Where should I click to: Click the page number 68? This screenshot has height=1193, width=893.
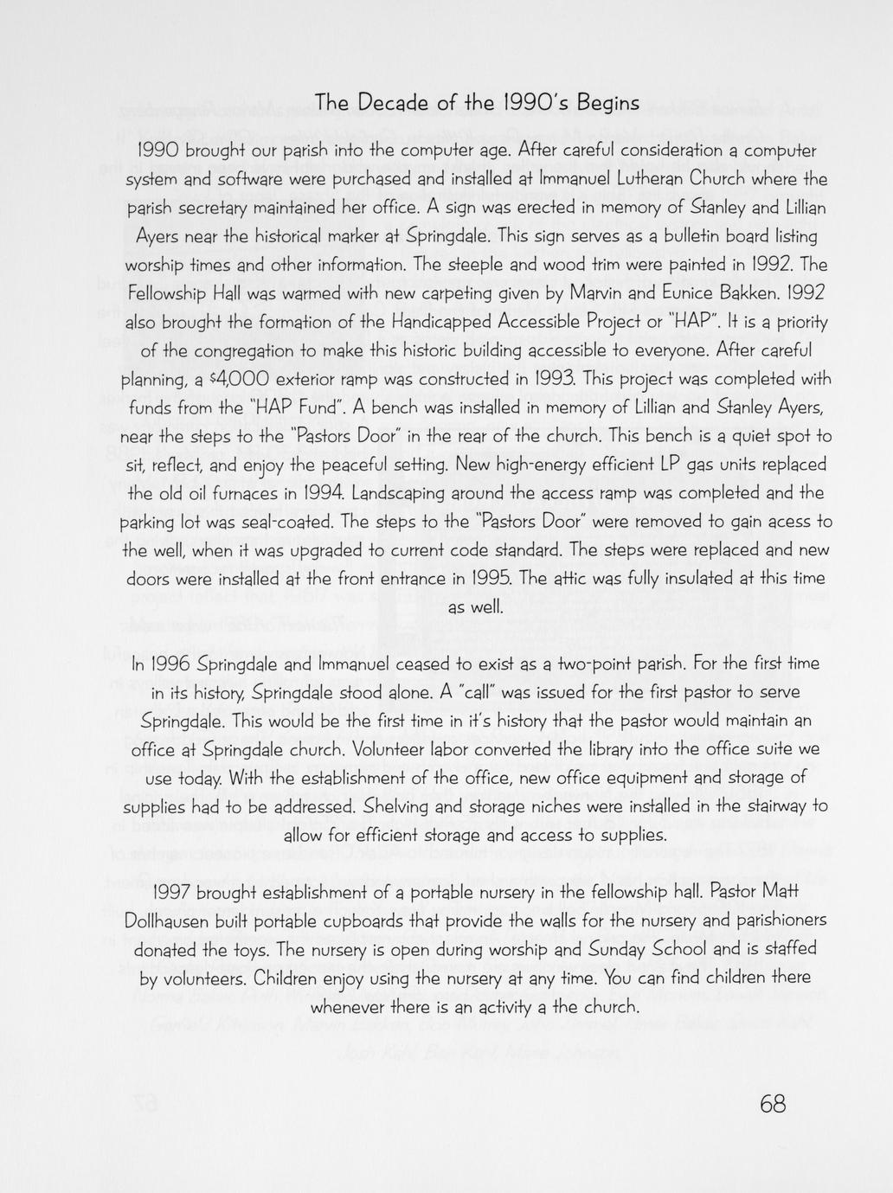point(772,1103)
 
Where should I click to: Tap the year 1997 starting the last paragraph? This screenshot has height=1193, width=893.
point(176,892)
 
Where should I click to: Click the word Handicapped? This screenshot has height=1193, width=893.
point(440,322)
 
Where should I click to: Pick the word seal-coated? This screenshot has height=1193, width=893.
point(292,522)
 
